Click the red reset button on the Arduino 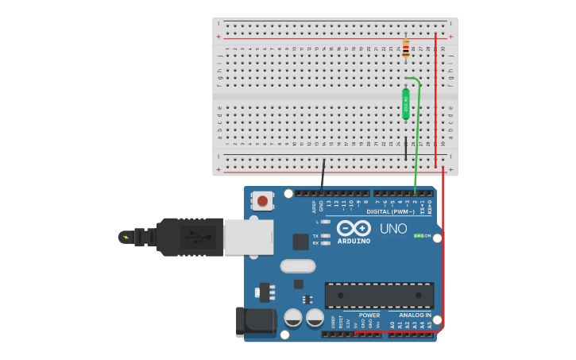pyautogui.click(x=261, y=201)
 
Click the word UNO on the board pyautogui.click(x=393, y=229)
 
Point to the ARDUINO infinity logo pyautogui.click(x=354, y=228)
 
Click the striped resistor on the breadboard pyautogui.click(x=406, y=48)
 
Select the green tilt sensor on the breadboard pyautogui.click(x=406, y=103)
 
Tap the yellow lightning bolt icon pyautogui.click(x=126, y=237)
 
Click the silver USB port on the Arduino pyautogui.click(x=249, y=237)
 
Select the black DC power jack pyautogui.click(x=256, y=322)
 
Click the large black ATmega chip pyautogui.click(x=379, y=295)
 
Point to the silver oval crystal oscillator pyautogui.click(x=298, y=266)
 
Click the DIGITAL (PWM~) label pyautogui.click(x=390, y=212)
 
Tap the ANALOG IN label pyautogui.click(x=415, y=315)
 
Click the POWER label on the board pyautogui.click(x=369, y=315)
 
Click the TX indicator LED pyautogui.click(x=326, y=236)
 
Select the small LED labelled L pyautogui.click(x=326, y=222)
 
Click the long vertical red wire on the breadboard pyautogui.click(x=435, y=103)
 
